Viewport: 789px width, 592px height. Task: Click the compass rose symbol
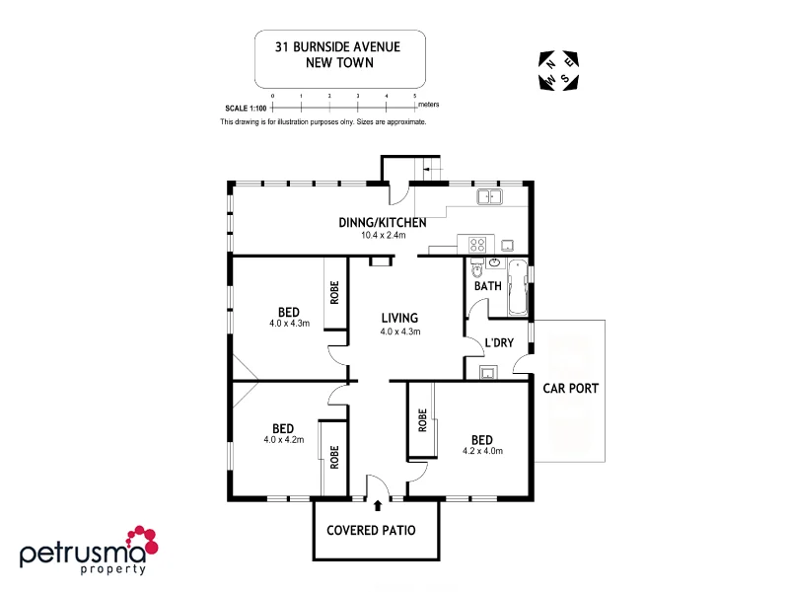coord(559,70)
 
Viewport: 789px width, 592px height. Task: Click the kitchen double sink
coord(490,197)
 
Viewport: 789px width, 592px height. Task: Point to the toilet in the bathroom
coord(476,268)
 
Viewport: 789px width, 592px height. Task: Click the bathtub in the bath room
coord(518,287)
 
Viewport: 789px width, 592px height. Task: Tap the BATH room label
coord(487,287)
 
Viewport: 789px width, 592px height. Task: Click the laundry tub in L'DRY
coord(487,372)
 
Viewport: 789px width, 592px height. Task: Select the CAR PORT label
coord(571,388)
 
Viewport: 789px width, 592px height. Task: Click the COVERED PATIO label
coord(371,530)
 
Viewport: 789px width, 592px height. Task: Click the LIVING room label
coord(399,318)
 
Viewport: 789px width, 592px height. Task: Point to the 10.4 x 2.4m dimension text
coord(383,236)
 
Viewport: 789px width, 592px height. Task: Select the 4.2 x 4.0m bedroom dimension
coord(482,451)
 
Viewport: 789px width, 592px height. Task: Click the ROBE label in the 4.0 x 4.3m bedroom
coord(335,292)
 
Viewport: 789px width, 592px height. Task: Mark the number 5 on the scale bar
coord(414,96)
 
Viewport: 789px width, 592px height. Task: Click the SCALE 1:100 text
coord(245,107)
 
